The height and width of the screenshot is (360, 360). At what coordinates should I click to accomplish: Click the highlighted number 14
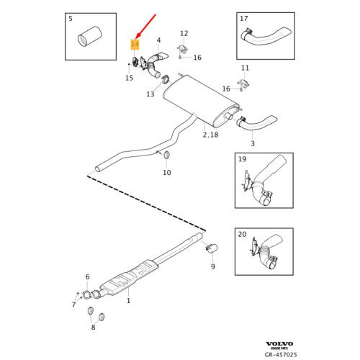click(x=135, y=45)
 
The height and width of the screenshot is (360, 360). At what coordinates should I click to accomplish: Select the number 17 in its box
click(x=243, y=19)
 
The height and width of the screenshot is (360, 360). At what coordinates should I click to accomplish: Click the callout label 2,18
click(x=210, y=135)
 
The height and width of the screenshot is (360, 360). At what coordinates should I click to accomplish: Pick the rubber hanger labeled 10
click(x=167, y=155)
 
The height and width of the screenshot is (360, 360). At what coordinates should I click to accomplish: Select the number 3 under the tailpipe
click(x=253, y=144)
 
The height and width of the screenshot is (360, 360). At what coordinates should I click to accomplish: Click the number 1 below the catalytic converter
click(x=129, y=301)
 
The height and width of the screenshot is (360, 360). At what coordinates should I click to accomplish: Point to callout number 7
click(x=73, y=305)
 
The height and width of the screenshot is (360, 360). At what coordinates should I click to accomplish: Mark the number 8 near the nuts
click(x=93, y=328)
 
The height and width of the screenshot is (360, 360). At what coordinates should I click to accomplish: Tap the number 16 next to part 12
click(x=197, y=58)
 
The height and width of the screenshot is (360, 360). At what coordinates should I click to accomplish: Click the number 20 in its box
click(x=242, y=235)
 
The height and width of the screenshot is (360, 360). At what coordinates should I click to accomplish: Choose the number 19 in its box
click(x=242, y=159)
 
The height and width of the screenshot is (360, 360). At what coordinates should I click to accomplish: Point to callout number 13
click(x=150, y=94)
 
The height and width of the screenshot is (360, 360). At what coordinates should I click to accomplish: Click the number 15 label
click(x=129, y=78)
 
